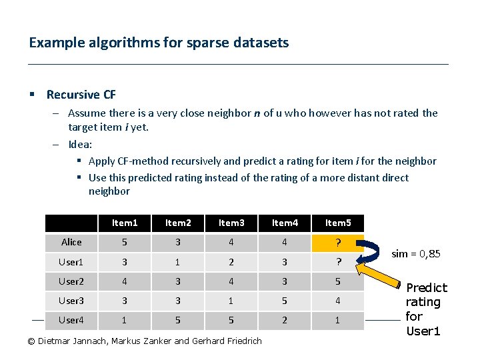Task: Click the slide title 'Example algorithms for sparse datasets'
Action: (x=159, y=43)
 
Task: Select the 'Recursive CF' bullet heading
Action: (x=81, y=95)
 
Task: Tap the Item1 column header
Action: (x=125, y=223)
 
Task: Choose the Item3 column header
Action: (x=231, y=223)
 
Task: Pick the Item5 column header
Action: (x=338, y=223)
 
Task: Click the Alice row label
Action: (x=71, y=242)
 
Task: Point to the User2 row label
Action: (x=71, y=281)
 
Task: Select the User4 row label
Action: (x=71, y=320)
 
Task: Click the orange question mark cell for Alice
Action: (x=338, y=243)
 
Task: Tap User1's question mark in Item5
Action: (x=338, y=262)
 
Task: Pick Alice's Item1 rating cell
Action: (x=125, y=242)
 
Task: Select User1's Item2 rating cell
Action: (x=178, y=262)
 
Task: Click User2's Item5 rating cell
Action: (x=338, y=281)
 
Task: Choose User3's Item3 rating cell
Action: (x=231, y=301)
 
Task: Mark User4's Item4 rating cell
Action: (x=285, y=320)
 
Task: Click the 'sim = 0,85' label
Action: (x=415, y=254)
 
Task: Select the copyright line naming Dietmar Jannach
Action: (x=144, y=341)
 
